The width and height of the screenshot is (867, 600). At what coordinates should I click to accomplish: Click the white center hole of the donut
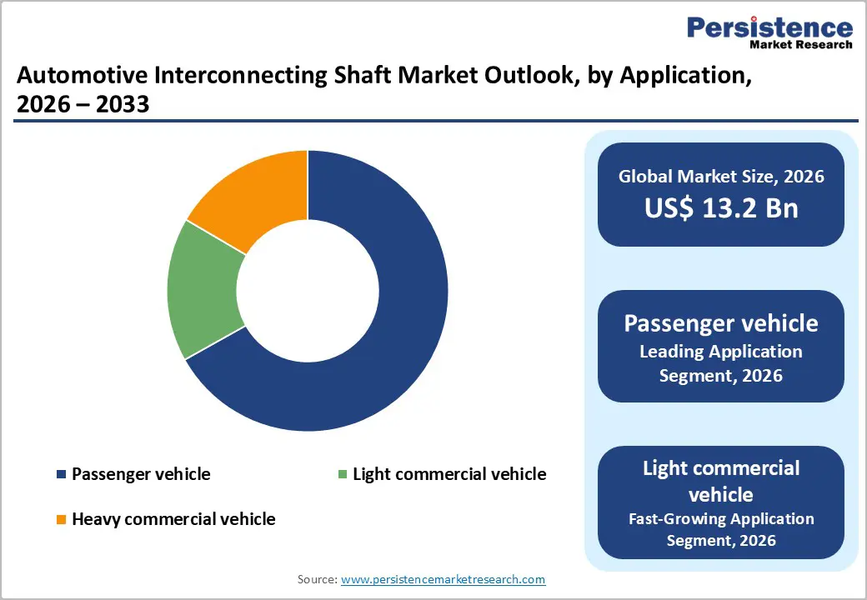pyautogui.click(x=308, y=291)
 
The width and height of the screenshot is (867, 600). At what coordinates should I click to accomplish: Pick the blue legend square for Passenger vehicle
pyautogui.click(x=61, y=475)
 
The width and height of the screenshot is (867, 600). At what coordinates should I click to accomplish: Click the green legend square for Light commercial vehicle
pyautogui.click(x=342, y=475)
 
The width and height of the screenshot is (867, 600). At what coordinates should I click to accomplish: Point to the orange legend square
pyautogui.click(x=61, y=520)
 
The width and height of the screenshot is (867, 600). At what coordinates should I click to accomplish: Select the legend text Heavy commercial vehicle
pyautogui.click(x=173, y=519)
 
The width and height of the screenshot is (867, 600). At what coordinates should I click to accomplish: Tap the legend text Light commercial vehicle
pyautogui.click(x=449, y=474)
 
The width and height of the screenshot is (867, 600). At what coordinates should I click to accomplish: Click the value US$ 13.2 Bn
pyautogui.click(x=721, y=207)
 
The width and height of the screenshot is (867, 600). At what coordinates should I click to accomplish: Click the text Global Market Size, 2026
pyautogui.click(x=721, y=176)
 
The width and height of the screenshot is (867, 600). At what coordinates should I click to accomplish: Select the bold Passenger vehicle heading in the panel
pyautogui.click(x=721, y=322)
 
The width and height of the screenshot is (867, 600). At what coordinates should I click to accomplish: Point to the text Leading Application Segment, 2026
pyautogui.click(x=721, y=363)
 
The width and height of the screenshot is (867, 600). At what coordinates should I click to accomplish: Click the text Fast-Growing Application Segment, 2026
pyautogui.click(x=721, y=529)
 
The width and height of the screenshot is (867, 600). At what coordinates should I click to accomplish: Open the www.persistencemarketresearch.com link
pyautogui.click(x=444, y=579)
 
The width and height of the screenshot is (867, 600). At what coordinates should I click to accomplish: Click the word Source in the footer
pyautogui.click(x=316, y=579)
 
